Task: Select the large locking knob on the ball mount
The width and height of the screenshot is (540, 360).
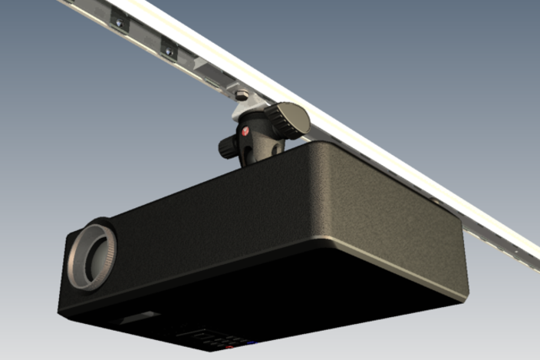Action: pyautogui.click(x=290, y=120)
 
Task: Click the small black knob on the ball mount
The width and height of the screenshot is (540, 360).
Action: pyautogui.click(x=228, y=147)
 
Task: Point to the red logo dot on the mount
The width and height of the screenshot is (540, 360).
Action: pyautogui.click(x=245, y=131)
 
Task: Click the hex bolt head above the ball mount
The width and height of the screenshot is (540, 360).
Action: pyautogui.click(x=242, y=95)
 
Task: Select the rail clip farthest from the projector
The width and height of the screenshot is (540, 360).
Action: pyautogui.click(x=120, y=22)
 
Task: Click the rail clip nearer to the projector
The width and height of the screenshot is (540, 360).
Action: pyautogui.click(x=168, y=51)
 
